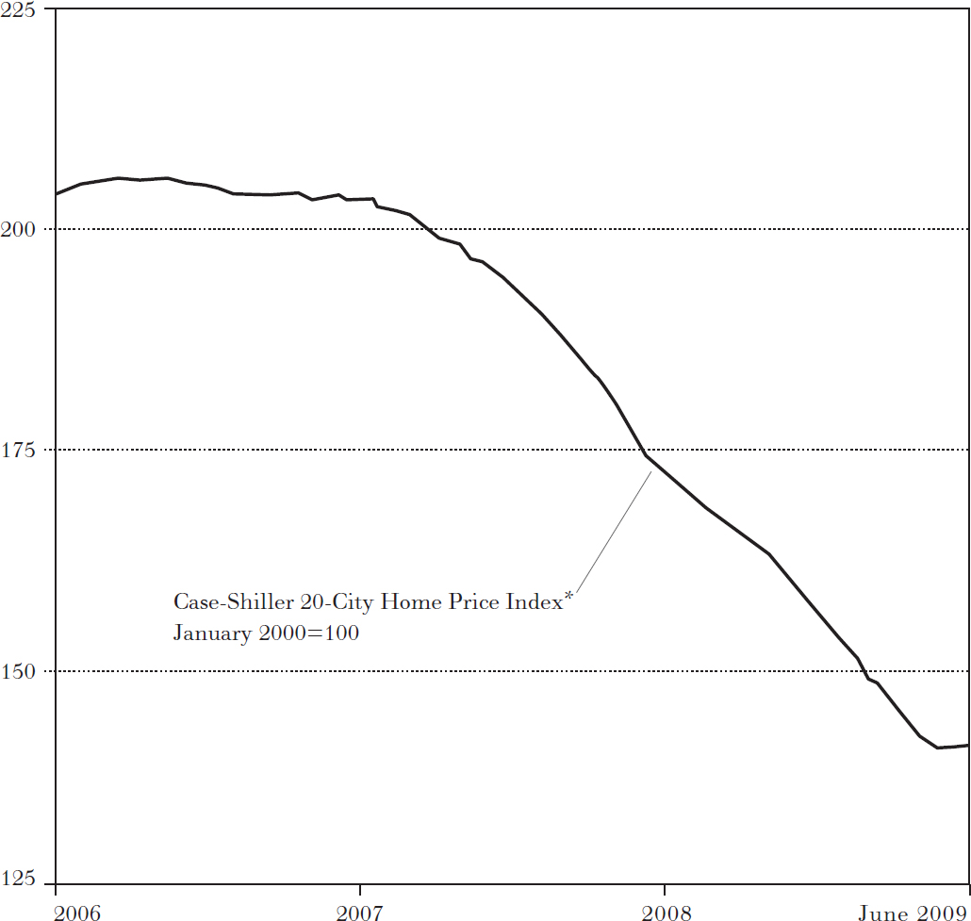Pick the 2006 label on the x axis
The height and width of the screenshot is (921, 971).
click(x=78, y=913)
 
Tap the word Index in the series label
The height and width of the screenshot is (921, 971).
click(x=535, y=601)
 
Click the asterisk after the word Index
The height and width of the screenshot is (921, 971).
click(x=568, y=596)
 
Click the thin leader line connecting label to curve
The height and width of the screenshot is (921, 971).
click(x=613, y=531)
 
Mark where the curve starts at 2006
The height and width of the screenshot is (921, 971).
click(x=57, y=194)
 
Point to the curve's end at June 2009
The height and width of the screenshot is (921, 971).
click(x=968, y=746)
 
